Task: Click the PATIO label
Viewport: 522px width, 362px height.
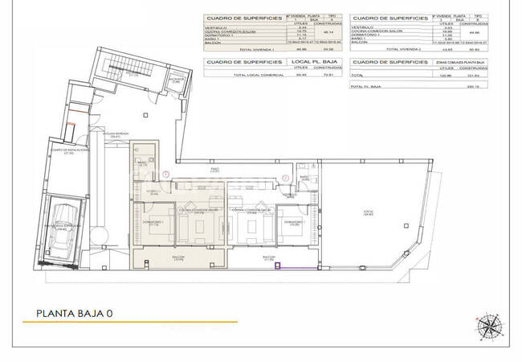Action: [214, 170]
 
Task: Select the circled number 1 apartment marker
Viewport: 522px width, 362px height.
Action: [165, 175]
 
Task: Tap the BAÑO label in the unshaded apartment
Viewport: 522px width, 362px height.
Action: [303, 177]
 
